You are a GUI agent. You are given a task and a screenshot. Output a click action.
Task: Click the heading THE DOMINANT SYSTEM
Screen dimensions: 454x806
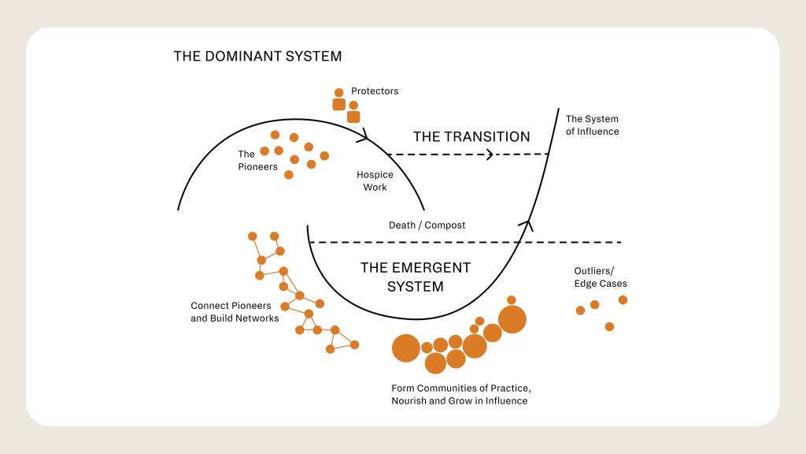(257, 57)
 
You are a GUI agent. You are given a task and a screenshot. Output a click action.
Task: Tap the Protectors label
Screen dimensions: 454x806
(375, 91)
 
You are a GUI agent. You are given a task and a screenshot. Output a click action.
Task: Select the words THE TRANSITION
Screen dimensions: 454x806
(471, 136)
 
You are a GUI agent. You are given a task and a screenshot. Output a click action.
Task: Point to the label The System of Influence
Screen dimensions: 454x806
(592, 125)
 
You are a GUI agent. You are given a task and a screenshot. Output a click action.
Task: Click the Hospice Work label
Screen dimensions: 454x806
(375, 181)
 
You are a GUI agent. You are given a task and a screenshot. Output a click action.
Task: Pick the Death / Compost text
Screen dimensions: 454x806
(427, 225)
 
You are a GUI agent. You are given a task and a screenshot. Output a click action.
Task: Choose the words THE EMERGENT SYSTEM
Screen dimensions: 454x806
(416, 277)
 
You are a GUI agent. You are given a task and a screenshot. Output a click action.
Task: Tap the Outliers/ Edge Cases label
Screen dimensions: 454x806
(601, 277)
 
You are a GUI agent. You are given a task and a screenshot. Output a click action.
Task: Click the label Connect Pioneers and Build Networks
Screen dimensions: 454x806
(235, 312)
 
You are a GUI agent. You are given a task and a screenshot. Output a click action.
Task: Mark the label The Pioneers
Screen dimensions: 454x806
(258, 160)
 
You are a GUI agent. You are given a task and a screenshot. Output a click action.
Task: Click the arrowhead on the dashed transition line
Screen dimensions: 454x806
(490, 154)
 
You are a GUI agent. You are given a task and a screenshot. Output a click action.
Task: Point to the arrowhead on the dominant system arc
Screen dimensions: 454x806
(364, 136)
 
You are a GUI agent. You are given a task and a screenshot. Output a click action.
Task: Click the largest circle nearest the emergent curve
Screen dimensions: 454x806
(512, 319)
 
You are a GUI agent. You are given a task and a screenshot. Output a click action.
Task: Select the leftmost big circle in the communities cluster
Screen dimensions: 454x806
(406, 348)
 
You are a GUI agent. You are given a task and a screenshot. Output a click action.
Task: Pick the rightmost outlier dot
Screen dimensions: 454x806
(623, 300)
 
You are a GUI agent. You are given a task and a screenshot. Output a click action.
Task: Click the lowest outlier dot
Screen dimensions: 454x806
(609, 326)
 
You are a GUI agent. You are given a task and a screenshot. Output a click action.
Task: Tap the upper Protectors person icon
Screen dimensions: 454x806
(339, 99)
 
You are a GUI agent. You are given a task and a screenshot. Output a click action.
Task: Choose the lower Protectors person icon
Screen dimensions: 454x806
(353, 112)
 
